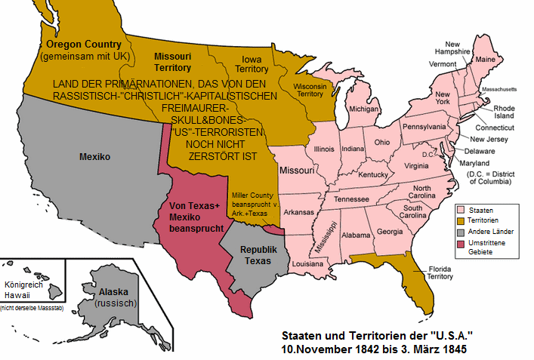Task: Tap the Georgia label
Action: pos(390,232)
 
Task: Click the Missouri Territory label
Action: pos(174,62)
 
